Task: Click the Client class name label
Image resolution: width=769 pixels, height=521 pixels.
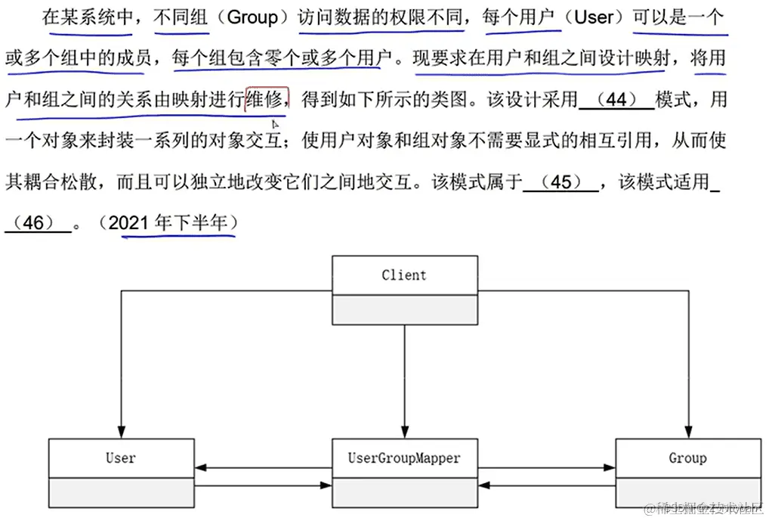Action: [404, 275]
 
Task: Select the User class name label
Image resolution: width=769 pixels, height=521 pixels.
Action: [120, 457]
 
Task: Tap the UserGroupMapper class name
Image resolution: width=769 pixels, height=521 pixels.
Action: [403, 457]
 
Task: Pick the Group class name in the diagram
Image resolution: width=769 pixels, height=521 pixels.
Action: [687, 457]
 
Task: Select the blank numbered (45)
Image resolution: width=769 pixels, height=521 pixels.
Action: [561, 183]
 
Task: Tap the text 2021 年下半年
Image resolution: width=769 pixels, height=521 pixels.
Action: [174, 223]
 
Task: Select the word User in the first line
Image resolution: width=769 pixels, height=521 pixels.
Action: [595, 17]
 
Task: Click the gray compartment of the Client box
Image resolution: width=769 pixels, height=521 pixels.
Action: [404, 309]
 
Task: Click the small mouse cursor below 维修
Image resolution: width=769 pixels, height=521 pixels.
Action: [275, 123]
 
